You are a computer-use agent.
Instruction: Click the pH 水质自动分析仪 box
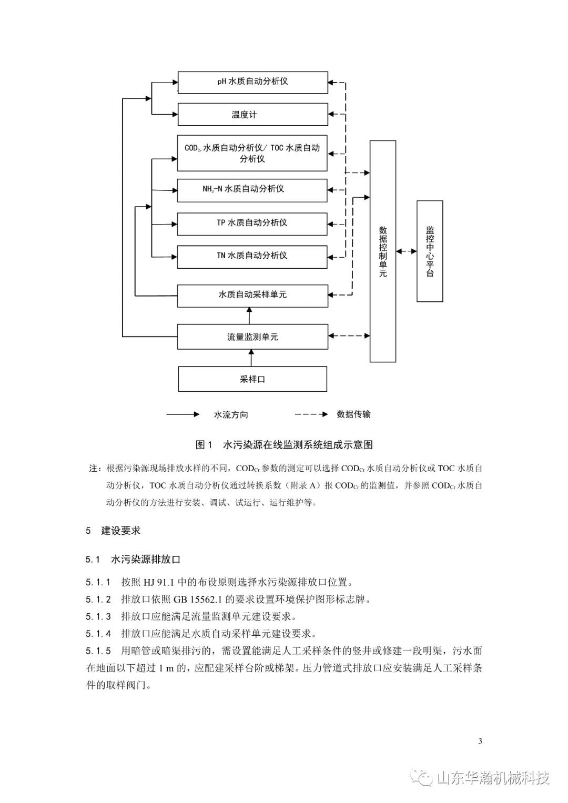point(253,83)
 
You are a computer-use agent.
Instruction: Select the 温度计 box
point(253,114)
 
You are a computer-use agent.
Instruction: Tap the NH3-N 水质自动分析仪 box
point(252,190)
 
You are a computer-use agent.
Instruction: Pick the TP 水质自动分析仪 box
point(252,224)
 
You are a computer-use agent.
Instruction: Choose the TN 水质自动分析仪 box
point(252,257)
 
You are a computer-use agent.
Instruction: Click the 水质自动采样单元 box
point(252,296)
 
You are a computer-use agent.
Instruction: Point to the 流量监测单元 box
point(252,337)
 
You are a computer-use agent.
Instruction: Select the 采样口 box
point(252,379)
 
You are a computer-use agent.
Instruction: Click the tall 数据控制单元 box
point(383,251)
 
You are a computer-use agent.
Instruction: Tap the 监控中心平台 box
point(430,251)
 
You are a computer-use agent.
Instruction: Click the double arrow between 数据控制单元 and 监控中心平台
point(406,251)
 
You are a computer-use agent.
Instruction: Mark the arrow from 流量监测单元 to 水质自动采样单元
point(250,316)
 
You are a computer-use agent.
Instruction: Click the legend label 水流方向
point(231,415)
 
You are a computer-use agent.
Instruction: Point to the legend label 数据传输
point(353,414)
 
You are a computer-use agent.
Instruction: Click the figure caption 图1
point(204,445)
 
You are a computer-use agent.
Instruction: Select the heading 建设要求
point(120,531)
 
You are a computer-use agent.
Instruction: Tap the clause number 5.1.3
point(98,617)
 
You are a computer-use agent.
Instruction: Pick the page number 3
point(480,741)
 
